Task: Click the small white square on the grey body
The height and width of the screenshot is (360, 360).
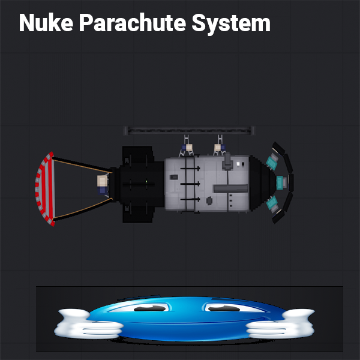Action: click(242, 163)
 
